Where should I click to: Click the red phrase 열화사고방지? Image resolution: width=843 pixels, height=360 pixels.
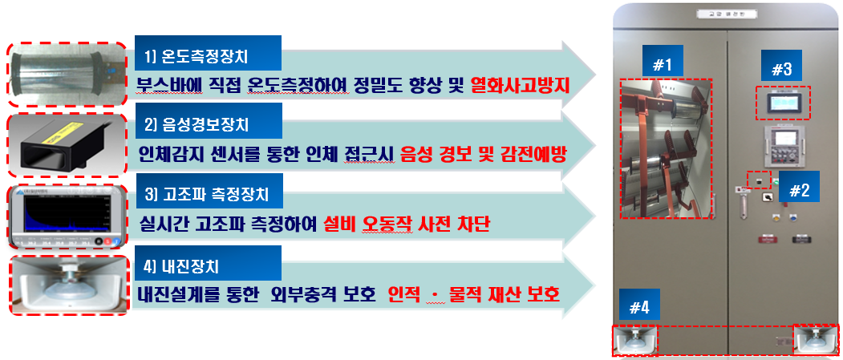pyautogui.click(x=520, y=84)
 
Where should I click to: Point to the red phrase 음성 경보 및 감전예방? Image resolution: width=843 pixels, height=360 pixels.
pyautogui.click(x=484, y=154)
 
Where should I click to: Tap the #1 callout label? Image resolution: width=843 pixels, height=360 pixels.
pyautogui.click(x=663, y=65)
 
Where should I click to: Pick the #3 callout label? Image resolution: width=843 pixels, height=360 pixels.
pyautogui.click(x=781, y=70)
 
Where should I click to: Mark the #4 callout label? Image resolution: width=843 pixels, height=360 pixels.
pyautogui.click(x=639, y=307)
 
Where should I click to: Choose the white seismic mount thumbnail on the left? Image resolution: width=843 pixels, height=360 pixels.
pyautogui.click(x=66, y=285)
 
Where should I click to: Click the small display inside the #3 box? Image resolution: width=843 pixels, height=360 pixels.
pyautogui.click(x=784, y=103)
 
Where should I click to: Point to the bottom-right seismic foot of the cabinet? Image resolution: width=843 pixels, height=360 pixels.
pyautogui.click(x=815, y=340)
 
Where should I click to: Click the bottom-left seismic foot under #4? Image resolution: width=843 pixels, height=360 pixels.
pyautogui.click(x=635, y=340)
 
